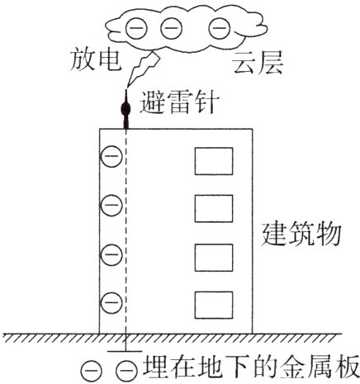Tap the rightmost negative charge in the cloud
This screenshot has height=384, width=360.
pyautogui.click(x=219, y=30)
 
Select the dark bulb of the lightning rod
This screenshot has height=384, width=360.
pyautogui.click(x=126, y=108)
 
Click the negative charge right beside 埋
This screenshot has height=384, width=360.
pyautogui.click(x=126, y=371)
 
